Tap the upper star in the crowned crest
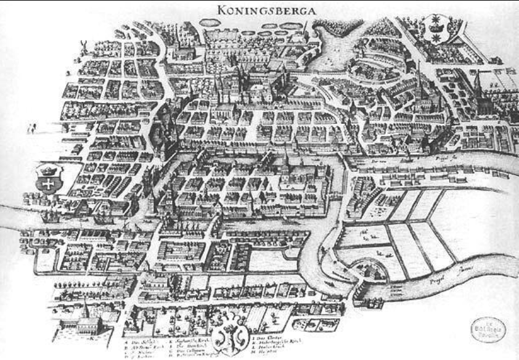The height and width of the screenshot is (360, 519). click(x=439, y=18)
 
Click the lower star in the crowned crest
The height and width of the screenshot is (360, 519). click(x=439, y=36)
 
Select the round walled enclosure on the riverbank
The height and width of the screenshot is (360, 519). click(x=366, y=271)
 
